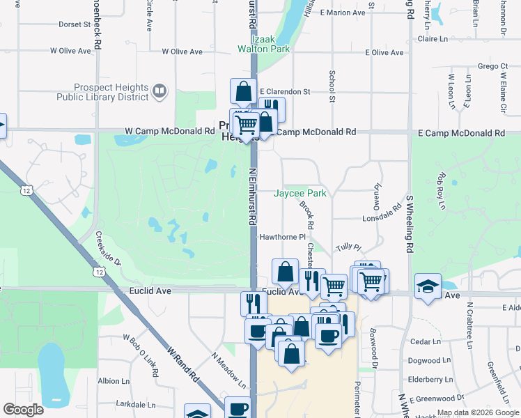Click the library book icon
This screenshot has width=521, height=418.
pos(160,91)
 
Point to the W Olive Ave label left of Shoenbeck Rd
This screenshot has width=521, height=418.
pos(70,51)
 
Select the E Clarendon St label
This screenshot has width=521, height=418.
pos(285,91)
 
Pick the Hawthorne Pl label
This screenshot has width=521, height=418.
pos(283,237)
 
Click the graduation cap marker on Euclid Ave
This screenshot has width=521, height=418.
pos(428,286)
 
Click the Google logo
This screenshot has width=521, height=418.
pos(23,409)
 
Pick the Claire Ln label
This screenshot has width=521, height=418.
pos(432,40)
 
